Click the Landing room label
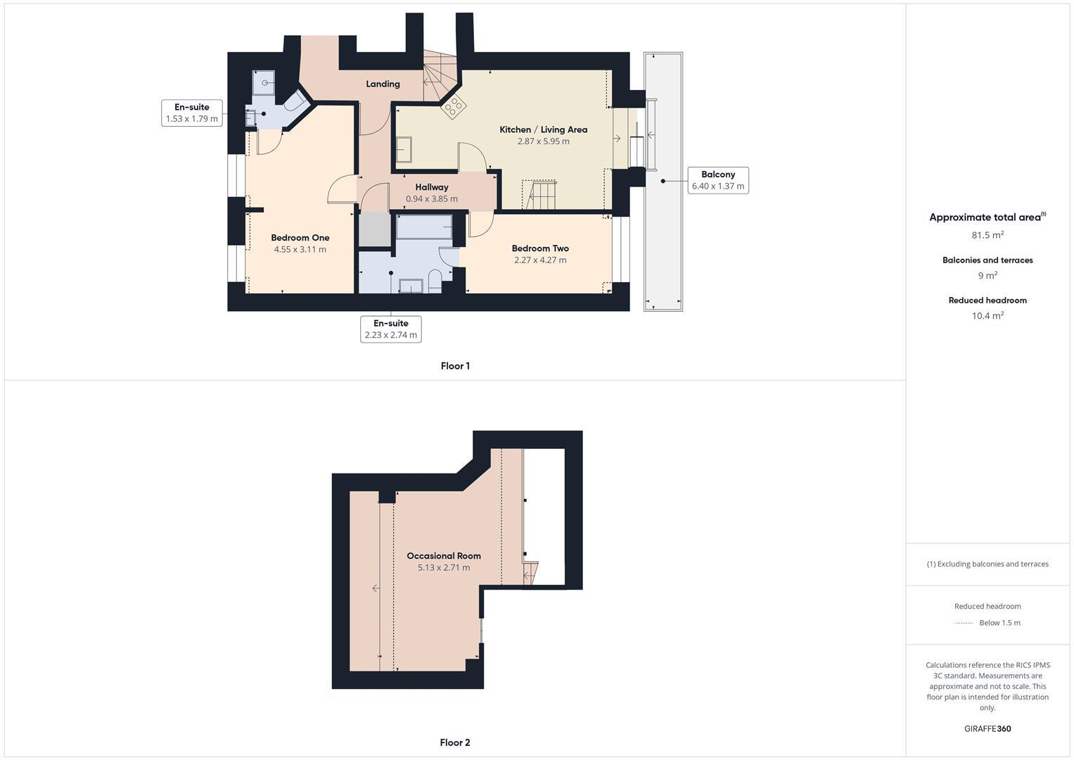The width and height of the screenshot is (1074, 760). point(383,84)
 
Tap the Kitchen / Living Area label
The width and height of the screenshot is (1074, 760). point(543,129)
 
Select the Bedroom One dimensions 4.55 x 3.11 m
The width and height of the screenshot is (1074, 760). point(300,249)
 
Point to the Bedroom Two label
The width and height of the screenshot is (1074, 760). point(539,248)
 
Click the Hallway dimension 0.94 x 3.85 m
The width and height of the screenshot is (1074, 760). point(431,199)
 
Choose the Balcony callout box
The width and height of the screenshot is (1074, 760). point(717,180)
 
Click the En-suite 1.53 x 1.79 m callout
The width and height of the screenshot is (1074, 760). point(192,113)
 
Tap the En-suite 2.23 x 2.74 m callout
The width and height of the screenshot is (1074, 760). point(390,329)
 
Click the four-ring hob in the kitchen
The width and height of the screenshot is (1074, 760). point(454,106)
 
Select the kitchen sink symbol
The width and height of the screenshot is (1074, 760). point(404,151)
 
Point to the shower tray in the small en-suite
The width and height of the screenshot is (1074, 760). point(264,82)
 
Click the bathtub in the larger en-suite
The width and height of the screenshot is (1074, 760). point(424,227)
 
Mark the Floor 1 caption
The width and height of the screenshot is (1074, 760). point(455,366)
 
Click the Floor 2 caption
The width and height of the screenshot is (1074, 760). point(455,742)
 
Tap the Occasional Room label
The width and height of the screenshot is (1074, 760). point(444,556)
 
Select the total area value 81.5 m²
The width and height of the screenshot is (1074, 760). point(987,235)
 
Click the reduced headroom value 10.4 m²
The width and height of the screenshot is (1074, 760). point(987,316)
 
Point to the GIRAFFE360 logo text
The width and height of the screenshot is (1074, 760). point(987,729)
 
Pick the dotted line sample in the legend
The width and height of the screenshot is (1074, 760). point(964,623)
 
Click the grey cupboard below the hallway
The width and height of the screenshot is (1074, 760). point(374,229)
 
